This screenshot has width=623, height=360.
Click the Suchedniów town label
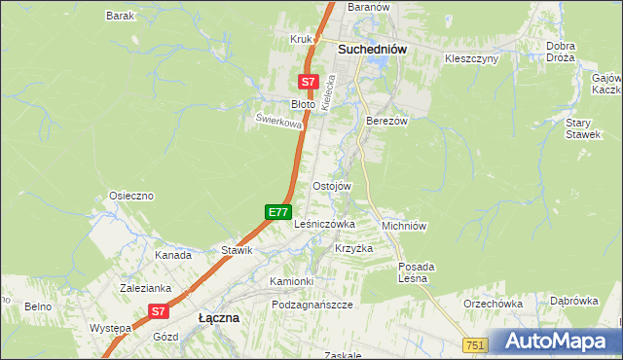372,49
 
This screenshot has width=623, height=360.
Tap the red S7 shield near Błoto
308,83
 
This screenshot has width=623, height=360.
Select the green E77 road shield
277,211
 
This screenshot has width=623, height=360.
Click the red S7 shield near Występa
159,311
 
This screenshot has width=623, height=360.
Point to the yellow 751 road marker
475,345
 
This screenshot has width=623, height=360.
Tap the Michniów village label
404,225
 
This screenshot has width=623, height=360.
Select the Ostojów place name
331,186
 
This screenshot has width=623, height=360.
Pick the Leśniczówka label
324,223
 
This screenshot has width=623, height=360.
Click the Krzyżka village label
354,248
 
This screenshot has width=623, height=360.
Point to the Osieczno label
131,196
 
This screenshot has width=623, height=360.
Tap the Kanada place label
173,255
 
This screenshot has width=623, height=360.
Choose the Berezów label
385,121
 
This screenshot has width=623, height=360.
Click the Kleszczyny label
471,58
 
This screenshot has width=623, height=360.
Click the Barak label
120,17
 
